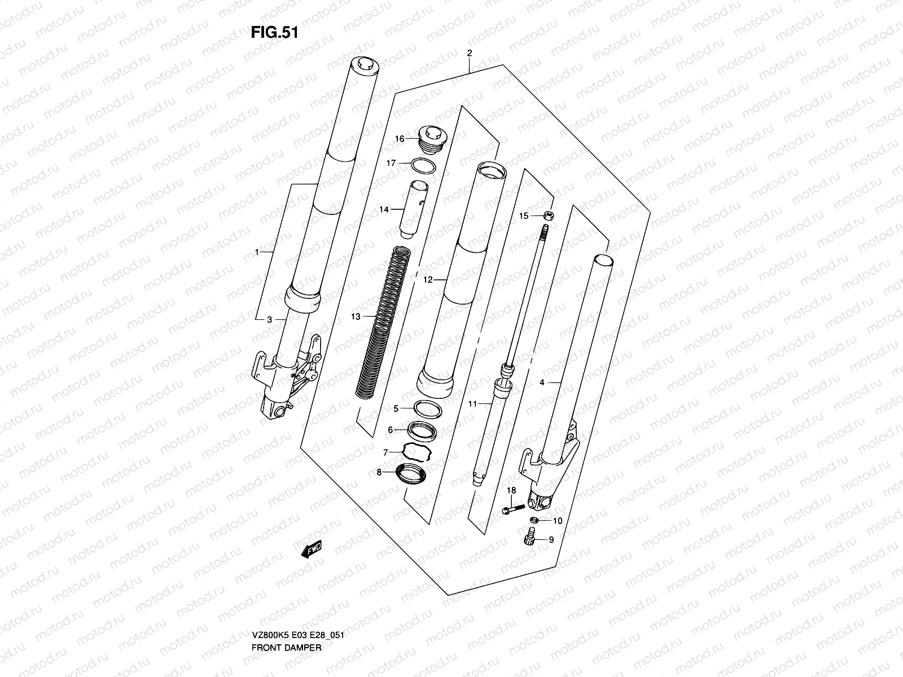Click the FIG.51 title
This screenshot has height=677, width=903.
coord(274,33)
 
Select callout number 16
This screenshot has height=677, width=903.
coord(399,139)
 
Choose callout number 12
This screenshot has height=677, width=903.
coord(427,279)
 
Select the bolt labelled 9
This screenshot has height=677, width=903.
coord(530,539)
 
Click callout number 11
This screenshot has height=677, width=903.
coord(472,403)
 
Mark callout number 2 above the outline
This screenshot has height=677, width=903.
coord(469,54)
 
